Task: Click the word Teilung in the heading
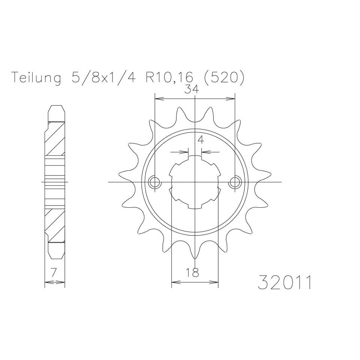point(36,77)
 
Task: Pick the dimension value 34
point(192,89)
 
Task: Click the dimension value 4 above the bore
point(201,139)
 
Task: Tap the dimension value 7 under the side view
point(54,273)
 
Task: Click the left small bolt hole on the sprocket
point(155,182)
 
